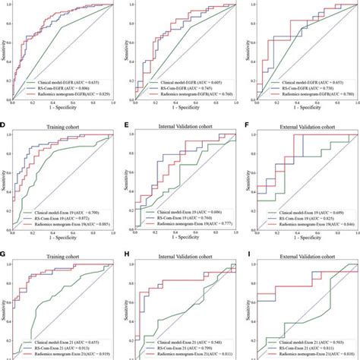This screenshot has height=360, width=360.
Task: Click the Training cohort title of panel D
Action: [x=64, y=124]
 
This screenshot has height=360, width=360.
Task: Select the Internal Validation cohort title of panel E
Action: [x=184, y=124]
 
